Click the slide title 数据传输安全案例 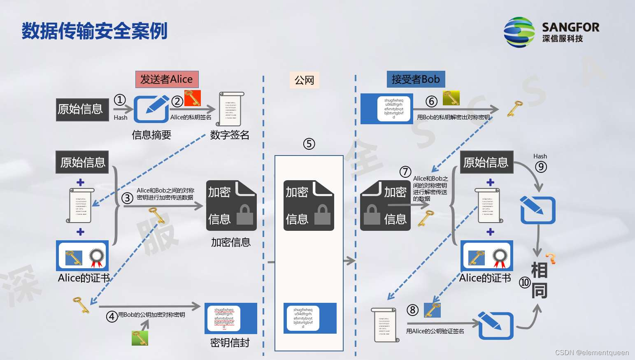pyautogui.click(x=94, y=31)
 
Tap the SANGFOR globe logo pyautogui.click(x=519, y=32)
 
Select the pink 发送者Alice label pyautogui.click(x=167, y=79)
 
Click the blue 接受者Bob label pyautogui.click(x=416, y=79)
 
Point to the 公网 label pyautogui.click(x=304, y=80)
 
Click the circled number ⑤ pyautogui.click(x=309, y=144)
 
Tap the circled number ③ pyautogui.click(x=127, y=198)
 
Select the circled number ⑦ pyautogui.click(x=405, y=172)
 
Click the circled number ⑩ pyautogui.click(x=525, y=282)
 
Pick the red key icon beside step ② pyautogui.click(x=192, y=98)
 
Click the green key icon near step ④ pyautogui.click(x=140, y=338)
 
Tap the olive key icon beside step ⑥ pyautogui.click(x=451, y=98)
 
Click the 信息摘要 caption pyautogui.click(x=151, y=135)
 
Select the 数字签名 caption pyautogui.click(x=230, y=135)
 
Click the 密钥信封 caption pyautogui.click(x=230, y=343)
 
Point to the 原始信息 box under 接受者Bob pyautogui.click(x=486, y=163)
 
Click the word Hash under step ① pyautogui.click(x=121, y=118)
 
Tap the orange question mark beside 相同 pyautogui.click(x=551, y=258)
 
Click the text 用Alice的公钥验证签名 pyautogui.click(x=435, y=331)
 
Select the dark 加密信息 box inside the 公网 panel pyautogui.click(x=309, y=205)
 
